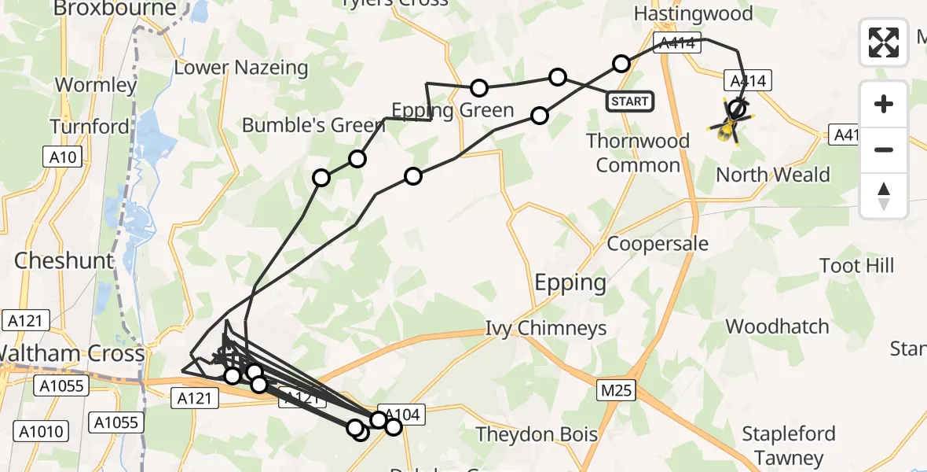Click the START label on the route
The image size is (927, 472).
(630, 101)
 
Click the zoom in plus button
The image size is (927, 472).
(884, 104)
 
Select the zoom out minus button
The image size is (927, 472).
(884, 149)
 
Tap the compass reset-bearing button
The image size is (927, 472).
(884, 196)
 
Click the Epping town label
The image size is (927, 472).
(570, 282)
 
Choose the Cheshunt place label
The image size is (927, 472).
(64, 260)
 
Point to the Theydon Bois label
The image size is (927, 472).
(537, 434)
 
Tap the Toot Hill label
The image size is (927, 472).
(856, 265)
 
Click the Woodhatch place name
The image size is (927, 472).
(777, 326)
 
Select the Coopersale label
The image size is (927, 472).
(658, 243)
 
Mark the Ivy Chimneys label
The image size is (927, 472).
(545, 327)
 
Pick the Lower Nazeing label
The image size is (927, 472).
(241, 68)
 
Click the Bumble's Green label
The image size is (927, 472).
(302, 125)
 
